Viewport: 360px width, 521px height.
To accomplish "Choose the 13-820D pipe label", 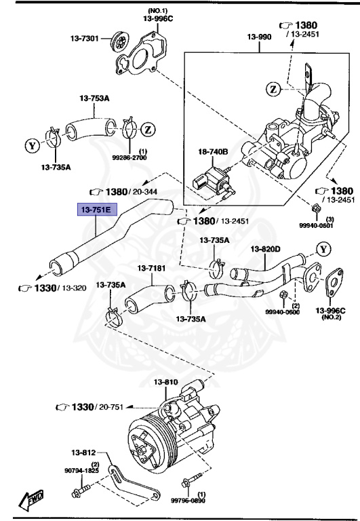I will tap(266, 250).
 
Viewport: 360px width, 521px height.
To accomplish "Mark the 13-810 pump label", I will tap(166, 383).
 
